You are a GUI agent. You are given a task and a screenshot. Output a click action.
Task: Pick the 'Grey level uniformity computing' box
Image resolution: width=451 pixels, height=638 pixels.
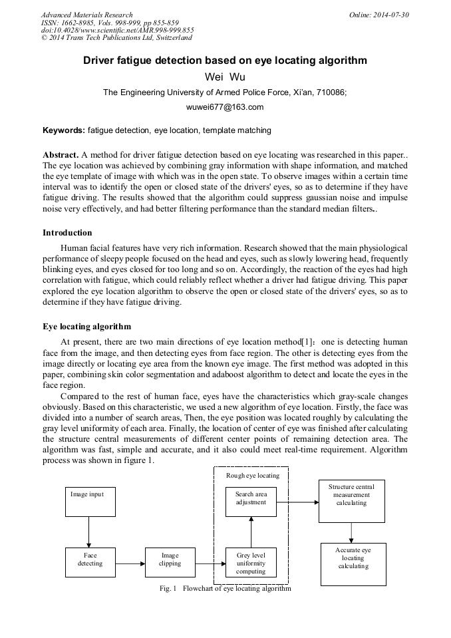coord(251,563)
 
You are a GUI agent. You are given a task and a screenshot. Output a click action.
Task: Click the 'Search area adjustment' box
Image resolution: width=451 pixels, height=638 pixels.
coord(251,502)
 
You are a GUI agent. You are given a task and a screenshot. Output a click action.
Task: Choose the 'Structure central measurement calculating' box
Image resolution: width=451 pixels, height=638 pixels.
coord(351,501)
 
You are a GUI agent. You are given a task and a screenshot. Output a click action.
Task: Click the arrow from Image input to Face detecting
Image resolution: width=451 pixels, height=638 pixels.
coord(89,532)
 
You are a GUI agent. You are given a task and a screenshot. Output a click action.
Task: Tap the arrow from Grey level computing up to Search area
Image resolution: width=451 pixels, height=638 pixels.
coord(251,532)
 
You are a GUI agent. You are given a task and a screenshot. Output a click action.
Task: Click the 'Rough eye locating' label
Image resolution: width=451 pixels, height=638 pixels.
coord(253,476)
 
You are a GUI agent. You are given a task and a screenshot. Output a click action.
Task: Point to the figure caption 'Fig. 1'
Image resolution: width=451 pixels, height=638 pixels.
coord(167,589)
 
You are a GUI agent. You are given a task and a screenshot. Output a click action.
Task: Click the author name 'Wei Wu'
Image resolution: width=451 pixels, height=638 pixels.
coord(225,77)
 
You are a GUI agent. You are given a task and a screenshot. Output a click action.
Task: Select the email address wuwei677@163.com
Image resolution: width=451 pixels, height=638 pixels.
coord(225,106)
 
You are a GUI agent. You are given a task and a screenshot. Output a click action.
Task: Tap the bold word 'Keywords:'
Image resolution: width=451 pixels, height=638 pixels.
coord(64,130)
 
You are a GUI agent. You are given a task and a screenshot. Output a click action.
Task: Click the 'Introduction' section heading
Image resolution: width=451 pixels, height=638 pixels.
coord(67,233)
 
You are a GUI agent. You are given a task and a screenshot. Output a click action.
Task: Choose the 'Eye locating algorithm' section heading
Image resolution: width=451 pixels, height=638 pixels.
coord(86,327)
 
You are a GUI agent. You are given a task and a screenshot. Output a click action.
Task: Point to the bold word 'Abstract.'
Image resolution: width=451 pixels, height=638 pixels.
coord(61,154)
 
